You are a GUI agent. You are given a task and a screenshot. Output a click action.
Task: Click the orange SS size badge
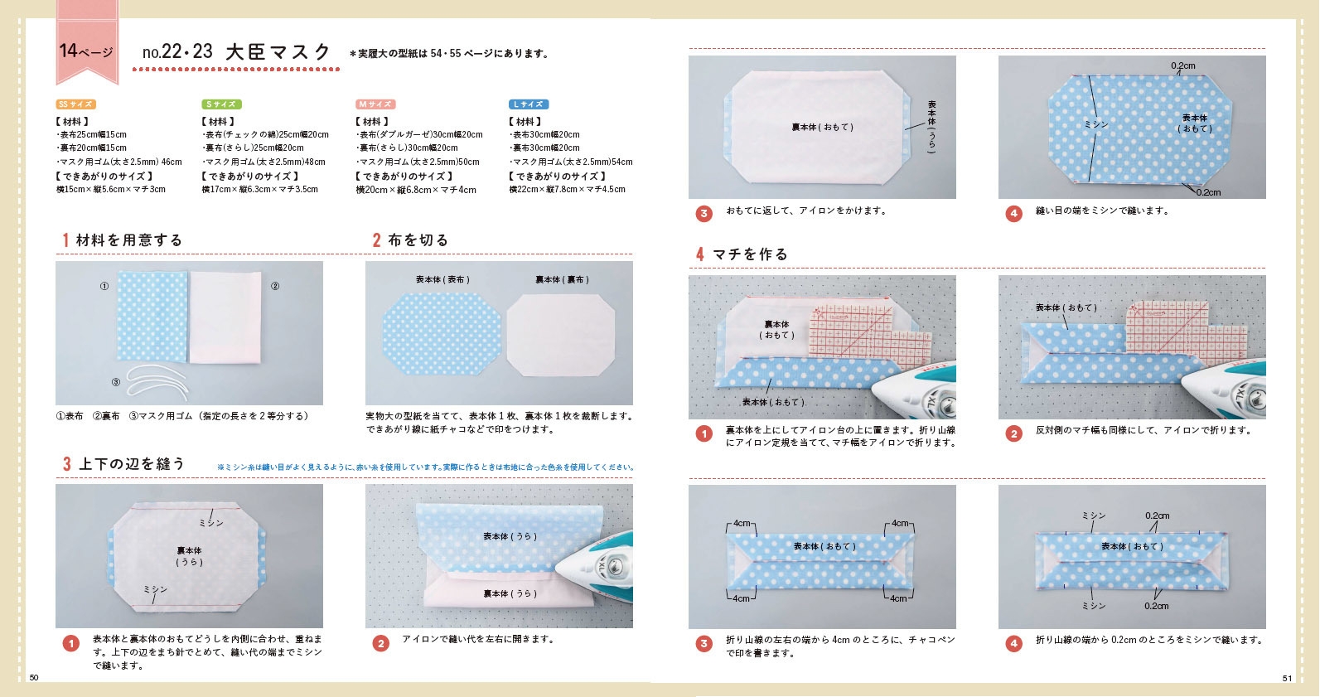coord(75,104)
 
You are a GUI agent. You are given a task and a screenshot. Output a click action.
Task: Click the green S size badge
coord(221,104)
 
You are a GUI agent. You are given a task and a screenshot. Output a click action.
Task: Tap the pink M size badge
coord(375,104)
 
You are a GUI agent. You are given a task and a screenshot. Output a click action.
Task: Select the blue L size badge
coord(528,104)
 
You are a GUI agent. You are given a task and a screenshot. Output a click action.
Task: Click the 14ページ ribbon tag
coord(86,50)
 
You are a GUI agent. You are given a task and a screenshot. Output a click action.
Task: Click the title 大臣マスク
coord(278,52)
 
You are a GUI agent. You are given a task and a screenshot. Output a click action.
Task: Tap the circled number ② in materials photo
coord(275,287)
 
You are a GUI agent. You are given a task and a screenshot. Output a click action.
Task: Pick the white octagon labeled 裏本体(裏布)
coord(563,334)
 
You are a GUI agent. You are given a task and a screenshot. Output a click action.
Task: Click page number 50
coord(34,678)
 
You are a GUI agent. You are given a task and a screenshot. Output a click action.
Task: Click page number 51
coord(1287,678)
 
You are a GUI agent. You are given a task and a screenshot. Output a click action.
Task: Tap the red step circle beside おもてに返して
coord(704,213)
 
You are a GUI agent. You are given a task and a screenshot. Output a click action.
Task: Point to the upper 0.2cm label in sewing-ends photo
coord(1182,65)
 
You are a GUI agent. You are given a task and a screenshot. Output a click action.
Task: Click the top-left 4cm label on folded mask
coord(741,524)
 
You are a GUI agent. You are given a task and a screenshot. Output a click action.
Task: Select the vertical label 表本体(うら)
coord(931,126)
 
